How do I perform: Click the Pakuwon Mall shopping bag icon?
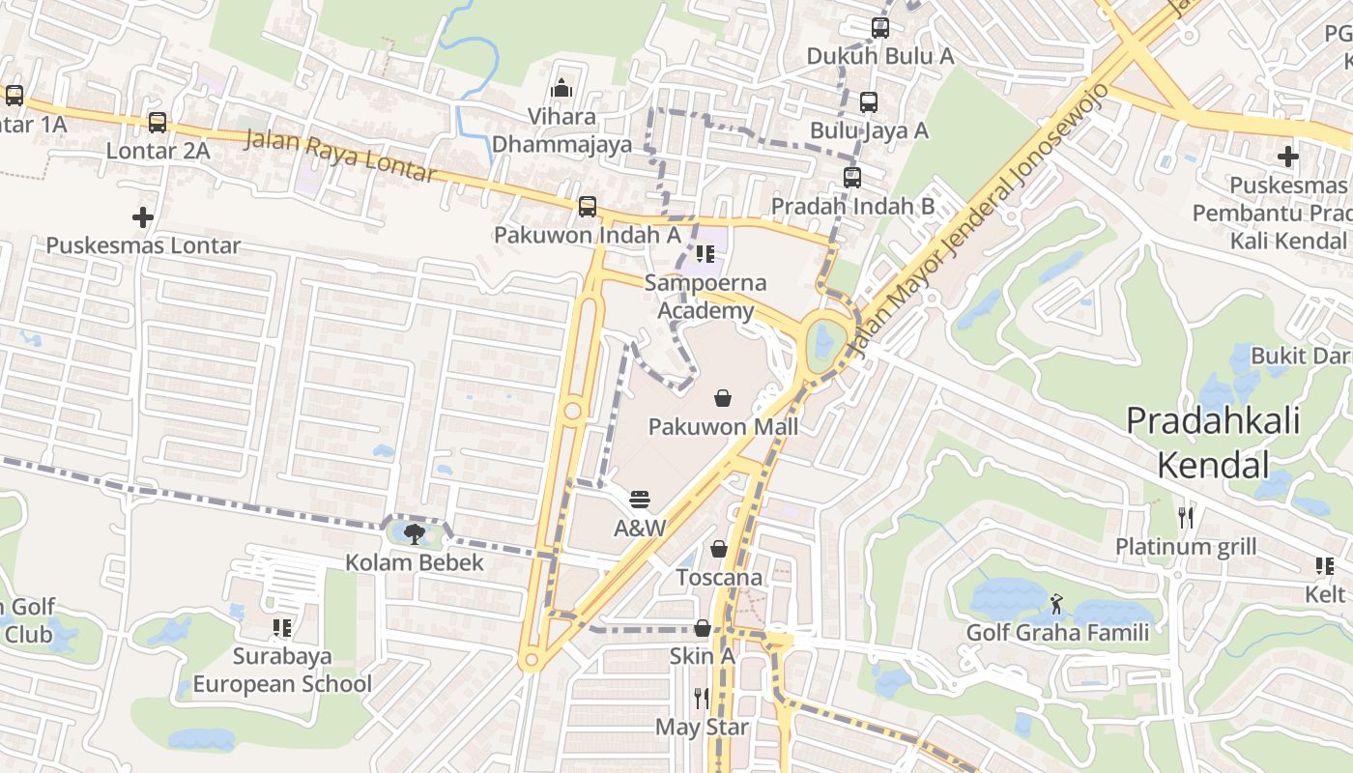722,397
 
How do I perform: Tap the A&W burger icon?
640,500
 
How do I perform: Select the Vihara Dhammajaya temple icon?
561,89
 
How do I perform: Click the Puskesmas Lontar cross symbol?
143,217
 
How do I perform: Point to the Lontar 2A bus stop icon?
158,123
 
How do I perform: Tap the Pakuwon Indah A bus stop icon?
587,207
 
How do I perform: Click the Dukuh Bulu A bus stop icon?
879,28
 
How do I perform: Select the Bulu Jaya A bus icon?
868,102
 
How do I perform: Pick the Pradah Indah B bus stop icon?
851,178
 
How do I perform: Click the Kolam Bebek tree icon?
416,533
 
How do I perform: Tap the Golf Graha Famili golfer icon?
1056,605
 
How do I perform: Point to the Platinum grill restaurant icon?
1186,518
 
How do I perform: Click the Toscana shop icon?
719,549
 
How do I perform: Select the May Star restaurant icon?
702,698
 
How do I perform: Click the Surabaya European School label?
282,670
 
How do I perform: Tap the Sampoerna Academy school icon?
705,255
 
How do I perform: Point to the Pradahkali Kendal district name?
1213,443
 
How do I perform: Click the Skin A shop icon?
703,628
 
